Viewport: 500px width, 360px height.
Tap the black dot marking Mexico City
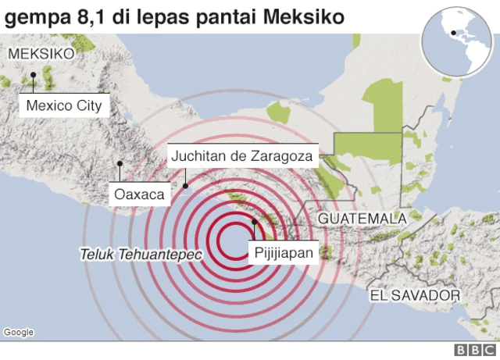coord(34,75)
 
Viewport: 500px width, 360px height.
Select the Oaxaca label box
coord(139,194)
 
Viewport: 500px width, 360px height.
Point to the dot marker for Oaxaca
coord(120,164)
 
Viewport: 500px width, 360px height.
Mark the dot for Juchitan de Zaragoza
coord(185,185)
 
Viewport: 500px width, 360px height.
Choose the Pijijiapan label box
coord(283,252)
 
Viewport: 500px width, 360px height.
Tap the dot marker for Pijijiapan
coord(254,223)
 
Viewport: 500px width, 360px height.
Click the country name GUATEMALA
coord(362,218)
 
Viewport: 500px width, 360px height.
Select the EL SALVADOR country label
coord(415,295)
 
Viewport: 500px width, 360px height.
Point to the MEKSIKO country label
coord(41,54)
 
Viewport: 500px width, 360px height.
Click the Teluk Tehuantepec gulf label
coord(140,255)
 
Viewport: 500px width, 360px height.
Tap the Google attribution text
coord(19,332)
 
